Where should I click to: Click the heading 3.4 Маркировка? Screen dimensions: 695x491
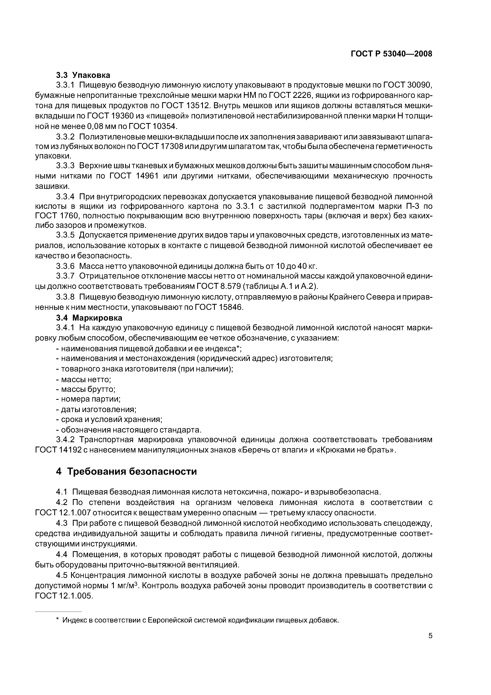89,318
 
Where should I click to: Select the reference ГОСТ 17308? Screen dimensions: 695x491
160,146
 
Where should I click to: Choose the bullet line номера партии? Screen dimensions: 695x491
88,399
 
